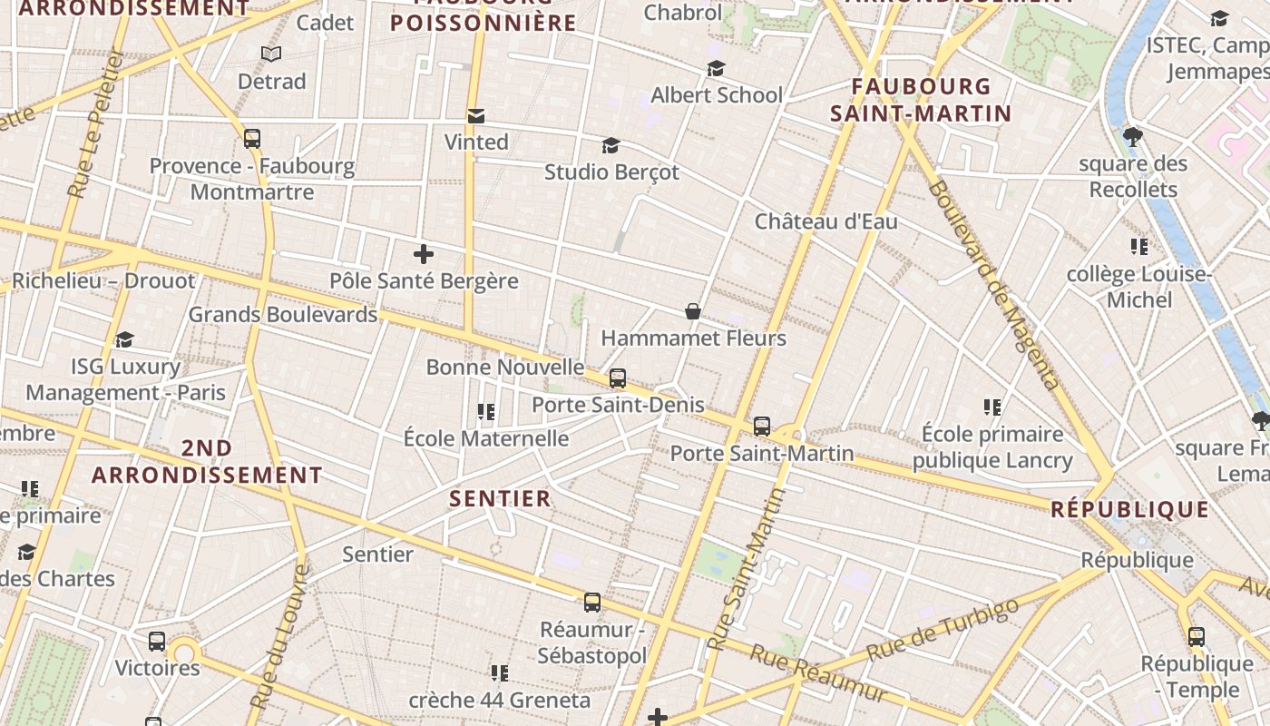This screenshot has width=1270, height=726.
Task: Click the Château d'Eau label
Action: click(x=825, y=221)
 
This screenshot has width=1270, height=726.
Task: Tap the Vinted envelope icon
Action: click(x=476, y=116)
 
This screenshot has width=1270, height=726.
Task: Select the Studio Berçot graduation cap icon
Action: click(x=611, y=146)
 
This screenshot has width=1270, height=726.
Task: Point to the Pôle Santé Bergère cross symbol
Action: click(x=423, y=254)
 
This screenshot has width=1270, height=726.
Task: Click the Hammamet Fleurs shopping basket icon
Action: click(x=693, y=312)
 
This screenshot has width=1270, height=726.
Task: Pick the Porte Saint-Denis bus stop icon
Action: click(x=618, y=378)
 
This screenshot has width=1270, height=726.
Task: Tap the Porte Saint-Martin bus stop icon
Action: click(x=762, y=427)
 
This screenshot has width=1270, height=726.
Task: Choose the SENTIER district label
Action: click(x=500, y=498)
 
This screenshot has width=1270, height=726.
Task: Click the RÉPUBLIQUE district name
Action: click(x=1129, y=509)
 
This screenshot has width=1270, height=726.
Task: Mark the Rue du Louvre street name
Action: click(x=279, y=637)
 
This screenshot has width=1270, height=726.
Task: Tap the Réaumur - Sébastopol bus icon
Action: click(x=592, y=602)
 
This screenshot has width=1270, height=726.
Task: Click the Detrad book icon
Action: click(x=271, y=54)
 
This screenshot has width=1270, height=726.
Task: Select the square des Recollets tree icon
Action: click(x=1132, y=138)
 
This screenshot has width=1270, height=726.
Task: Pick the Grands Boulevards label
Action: click(x=282, y=315)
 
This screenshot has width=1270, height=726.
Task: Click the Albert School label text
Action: click(x=716, y=95)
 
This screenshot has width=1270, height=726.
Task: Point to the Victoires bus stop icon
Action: click(x=157, y=642)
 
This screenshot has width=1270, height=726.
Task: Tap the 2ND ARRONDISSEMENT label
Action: click(x=207, y=462)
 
